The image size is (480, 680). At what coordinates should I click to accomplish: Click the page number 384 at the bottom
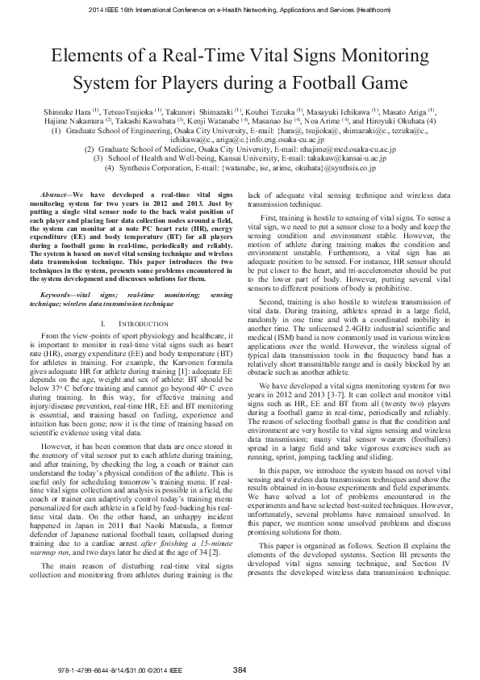pyautogui.click(x=240, y=670)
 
